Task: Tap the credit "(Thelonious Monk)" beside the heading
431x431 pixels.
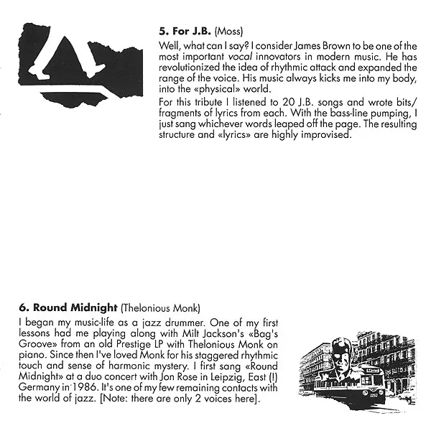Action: [160, 308]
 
